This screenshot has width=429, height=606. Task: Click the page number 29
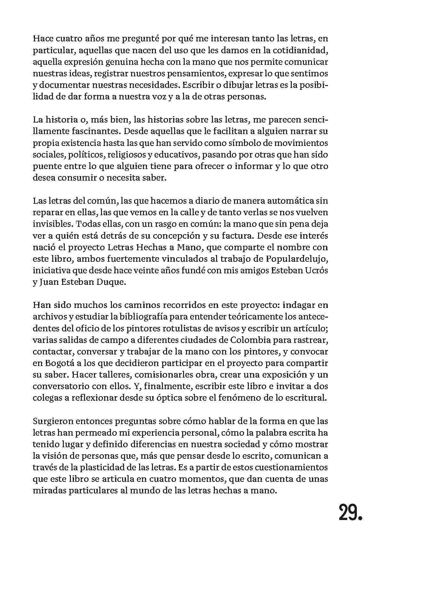point(350,513)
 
